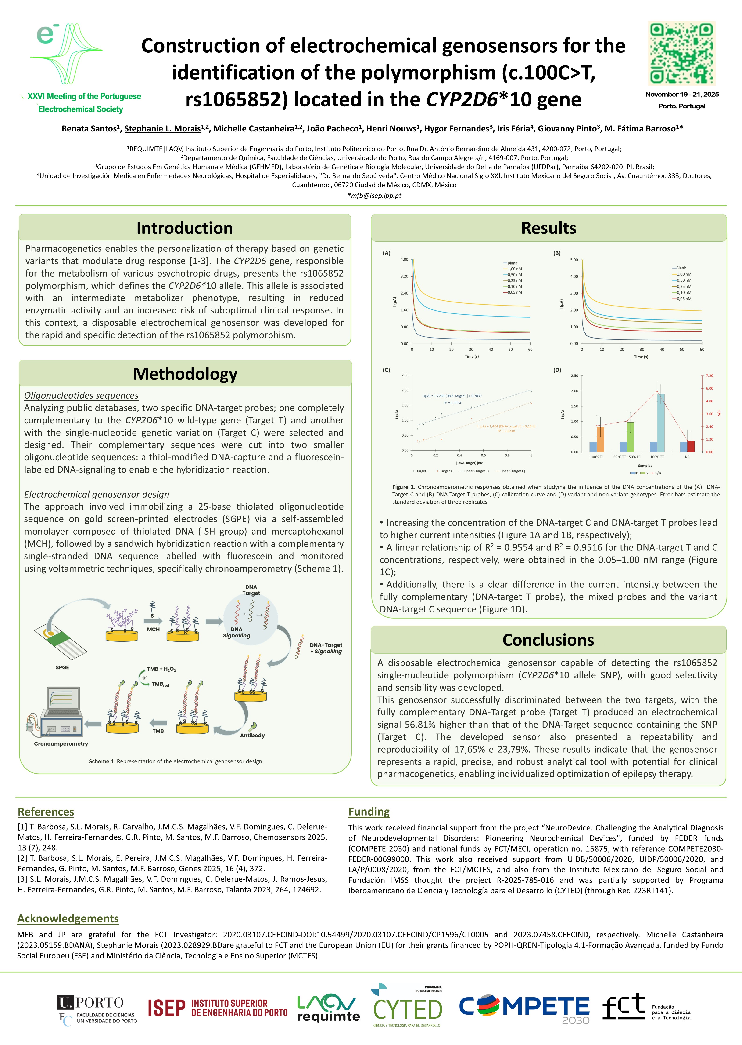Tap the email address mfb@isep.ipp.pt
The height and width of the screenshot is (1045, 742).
(374, 196)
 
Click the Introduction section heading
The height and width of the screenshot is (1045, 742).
(185, 228)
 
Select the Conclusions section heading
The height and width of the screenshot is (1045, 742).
(548, 640)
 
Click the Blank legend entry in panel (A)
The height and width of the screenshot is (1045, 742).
(512, 263)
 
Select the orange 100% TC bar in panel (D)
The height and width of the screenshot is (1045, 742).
(600, 439)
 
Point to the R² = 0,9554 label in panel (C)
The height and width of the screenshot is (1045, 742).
(452, 403)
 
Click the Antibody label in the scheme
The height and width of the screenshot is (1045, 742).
(252, 736)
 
